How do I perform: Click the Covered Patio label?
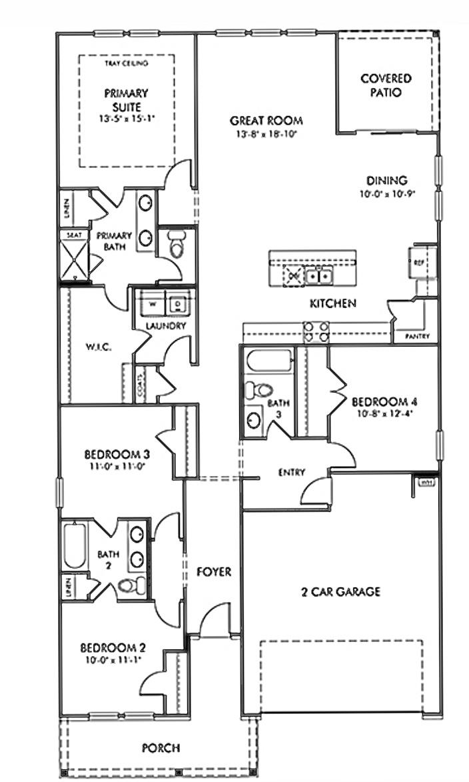coord(386,85)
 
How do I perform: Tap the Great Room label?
coord(266,121)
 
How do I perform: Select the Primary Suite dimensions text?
coord(127,118)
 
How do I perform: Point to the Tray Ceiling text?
coord(127,63)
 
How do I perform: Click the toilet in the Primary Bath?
coord(176,245)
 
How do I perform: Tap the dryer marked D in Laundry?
coord(178,304)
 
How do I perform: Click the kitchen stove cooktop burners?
coord(316,331)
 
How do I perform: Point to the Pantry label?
coord(417,337)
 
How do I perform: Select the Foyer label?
coord(214,571)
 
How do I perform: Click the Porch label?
coord(161,748)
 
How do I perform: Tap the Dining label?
coord(386,180)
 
